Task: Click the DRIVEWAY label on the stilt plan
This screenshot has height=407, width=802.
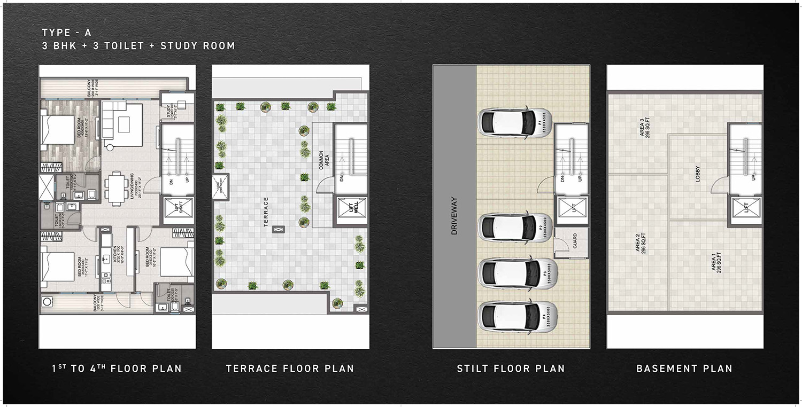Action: pyautogui.click(x=454, y=217)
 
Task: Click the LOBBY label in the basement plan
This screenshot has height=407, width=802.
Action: pyautogui.click(x=697, y=174)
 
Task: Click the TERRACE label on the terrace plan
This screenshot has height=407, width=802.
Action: pyautogui.click(x=265, y=212)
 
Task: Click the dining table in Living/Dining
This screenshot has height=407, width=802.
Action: pyautogui.click(x=115, y=186)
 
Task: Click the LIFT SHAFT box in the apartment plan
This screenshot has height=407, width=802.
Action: pyautogui.click(x=172, y=208)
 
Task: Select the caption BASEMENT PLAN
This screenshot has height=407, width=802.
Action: pyautogui.click(x=684, y=369)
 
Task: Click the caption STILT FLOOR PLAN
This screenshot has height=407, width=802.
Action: pyautogui.click(x=511, y=369)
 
